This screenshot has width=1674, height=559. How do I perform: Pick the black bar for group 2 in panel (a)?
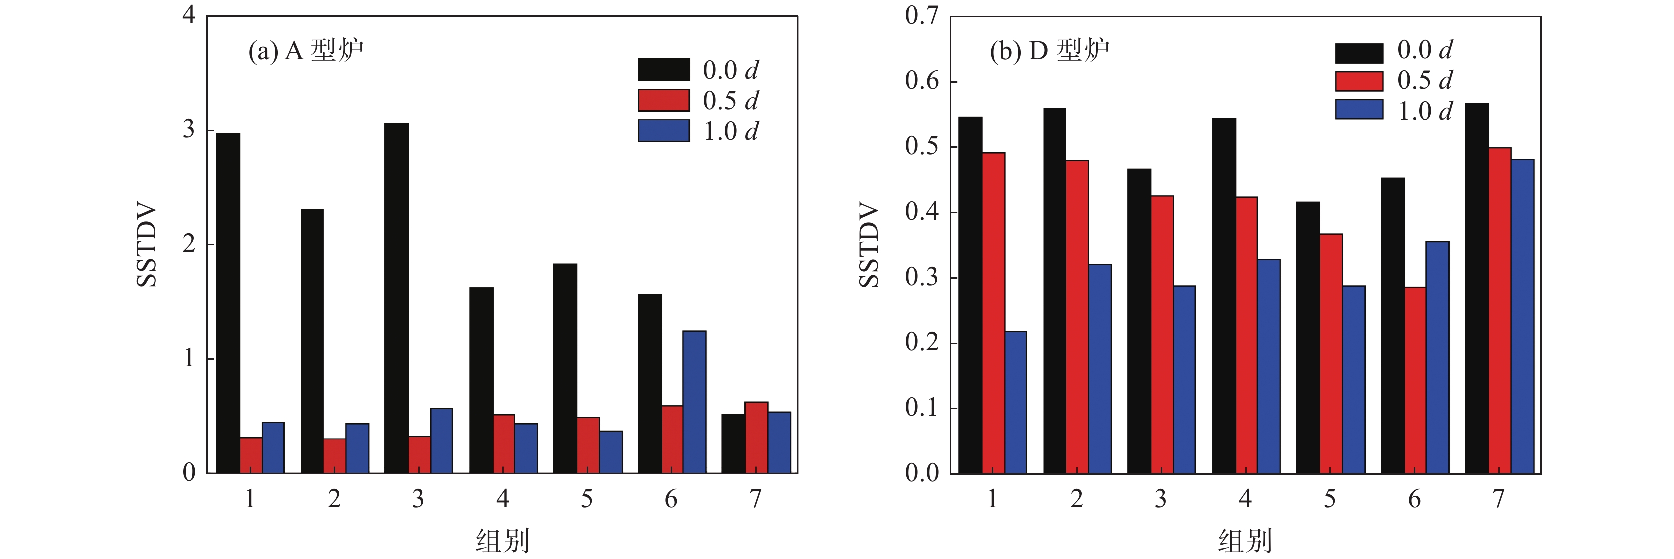(x=312, y=341)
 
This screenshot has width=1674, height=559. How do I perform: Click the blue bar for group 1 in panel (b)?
(x=1015, y=402)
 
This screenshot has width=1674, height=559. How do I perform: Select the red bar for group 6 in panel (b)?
(x=1415, y=380)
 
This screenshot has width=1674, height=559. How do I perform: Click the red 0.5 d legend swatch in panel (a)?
(x=663, y=100)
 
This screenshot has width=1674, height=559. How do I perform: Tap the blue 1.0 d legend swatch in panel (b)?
(x=1359, y=109)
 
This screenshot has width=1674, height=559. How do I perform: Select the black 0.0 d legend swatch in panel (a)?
(x=663, y=70)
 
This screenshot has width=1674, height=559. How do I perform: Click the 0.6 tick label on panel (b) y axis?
(x=922, y=81)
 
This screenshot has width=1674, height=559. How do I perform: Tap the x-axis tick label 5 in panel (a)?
(x=587, y=499)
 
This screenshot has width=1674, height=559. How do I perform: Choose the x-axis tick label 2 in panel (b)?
(x=1077, y=499)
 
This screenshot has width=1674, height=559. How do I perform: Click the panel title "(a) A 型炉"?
(x=305, y=50)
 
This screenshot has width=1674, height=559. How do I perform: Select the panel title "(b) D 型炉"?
(x=1049, y=50)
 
